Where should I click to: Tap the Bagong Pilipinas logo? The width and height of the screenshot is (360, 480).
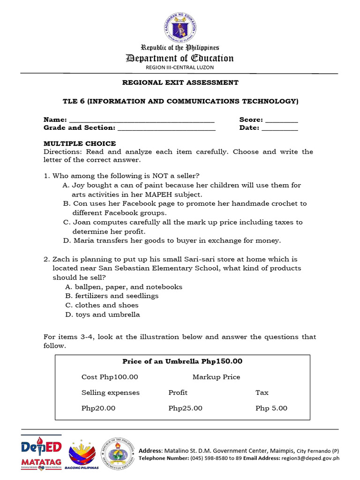coord(85,454)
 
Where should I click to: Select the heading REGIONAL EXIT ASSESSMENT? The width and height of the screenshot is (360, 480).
coord(180,82)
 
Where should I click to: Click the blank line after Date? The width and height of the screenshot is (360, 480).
coord(279,128)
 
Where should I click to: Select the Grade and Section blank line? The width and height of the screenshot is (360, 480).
coord(166,128)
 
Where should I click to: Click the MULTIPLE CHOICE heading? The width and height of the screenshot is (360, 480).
coord(80,143)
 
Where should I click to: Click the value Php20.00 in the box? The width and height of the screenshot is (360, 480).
coord(98,408)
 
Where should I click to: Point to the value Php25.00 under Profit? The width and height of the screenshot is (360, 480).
coord(185,408)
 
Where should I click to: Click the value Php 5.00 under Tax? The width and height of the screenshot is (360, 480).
coord(271,408)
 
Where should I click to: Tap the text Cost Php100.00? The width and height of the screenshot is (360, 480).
coord(110,377)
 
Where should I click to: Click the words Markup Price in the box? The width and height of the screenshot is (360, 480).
coord(216,377)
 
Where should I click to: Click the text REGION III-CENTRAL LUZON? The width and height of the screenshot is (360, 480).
coord(180,67)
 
